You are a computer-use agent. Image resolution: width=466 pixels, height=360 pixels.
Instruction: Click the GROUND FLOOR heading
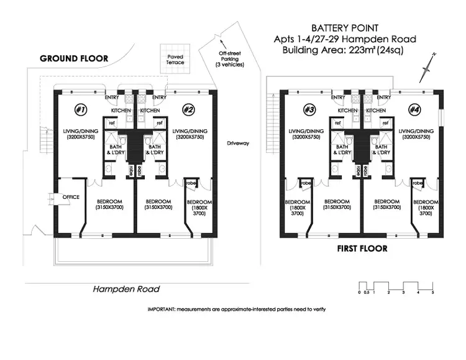click(74, 58)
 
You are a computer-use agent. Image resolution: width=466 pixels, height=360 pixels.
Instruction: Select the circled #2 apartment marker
click(188, 109)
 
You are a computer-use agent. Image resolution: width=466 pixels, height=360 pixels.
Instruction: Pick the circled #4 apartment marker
click(414, 109)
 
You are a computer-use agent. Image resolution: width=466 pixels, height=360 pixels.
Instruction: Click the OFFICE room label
click(71, 197)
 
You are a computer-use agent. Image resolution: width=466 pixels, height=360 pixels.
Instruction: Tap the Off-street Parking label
click(231, 60)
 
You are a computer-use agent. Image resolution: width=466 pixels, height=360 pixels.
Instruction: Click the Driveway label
click(237, 143)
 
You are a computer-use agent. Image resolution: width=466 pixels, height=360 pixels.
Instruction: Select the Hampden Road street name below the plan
click(126, 289)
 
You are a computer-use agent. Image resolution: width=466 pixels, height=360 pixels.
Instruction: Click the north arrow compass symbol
click(426, 67)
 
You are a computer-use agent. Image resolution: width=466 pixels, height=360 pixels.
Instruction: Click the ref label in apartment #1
click(112, 123)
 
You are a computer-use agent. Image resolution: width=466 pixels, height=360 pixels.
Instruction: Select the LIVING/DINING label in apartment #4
click(418, 131)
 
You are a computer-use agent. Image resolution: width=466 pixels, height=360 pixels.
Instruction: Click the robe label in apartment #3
click(306, 184)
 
